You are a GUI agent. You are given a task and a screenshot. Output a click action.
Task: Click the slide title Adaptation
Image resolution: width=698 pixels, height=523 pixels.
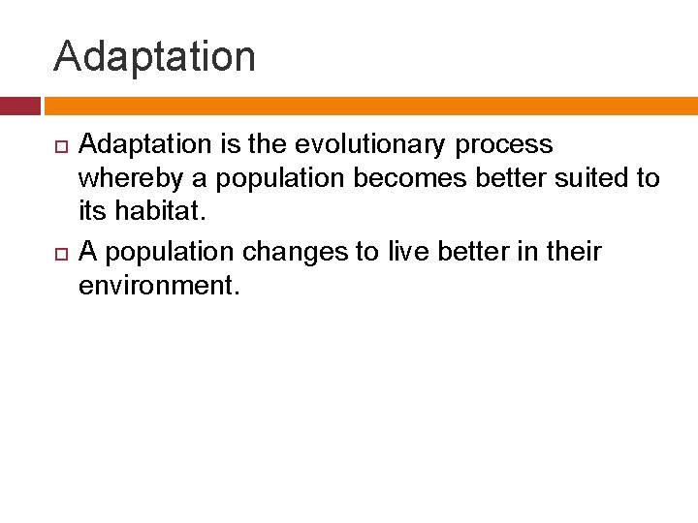click(x=155, y=56)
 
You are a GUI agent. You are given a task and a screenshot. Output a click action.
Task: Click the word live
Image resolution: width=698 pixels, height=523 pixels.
click(x=407, y=252)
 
